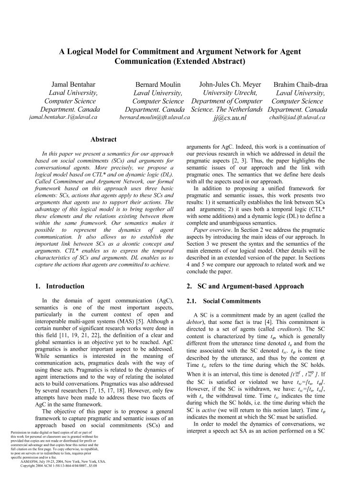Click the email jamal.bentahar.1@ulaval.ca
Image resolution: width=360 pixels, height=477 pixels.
click(63, 117)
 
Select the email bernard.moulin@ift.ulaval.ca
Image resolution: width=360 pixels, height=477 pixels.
click(154, 117)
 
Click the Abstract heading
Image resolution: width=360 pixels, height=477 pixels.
click(103, 139)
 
